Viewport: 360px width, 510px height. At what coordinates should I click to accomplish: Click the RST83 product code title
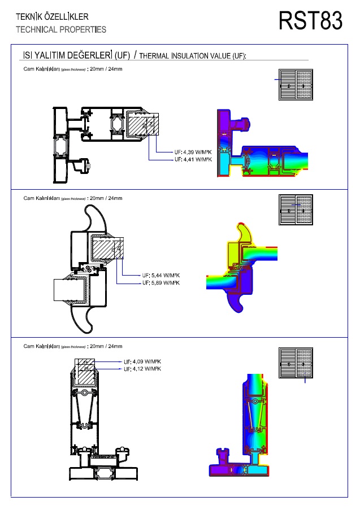pyautogui.click(x=310, y=21)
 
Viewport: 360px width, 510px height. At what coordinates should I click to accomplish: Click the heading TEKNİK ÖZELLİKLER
pyautogui.click(x=52, y=18)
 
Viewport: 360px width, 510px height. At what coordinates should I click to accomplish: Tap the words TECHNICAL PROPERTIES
pyautogui.click(x=61, y=29)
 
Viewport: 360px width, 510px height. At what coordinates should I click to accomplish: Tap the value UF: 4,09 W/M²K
pyautogui.click(x=142, y=361)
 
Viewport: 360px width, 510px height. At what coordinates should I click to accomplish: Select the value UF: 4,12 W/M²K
pyautogui.click(x=142, y=369)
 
